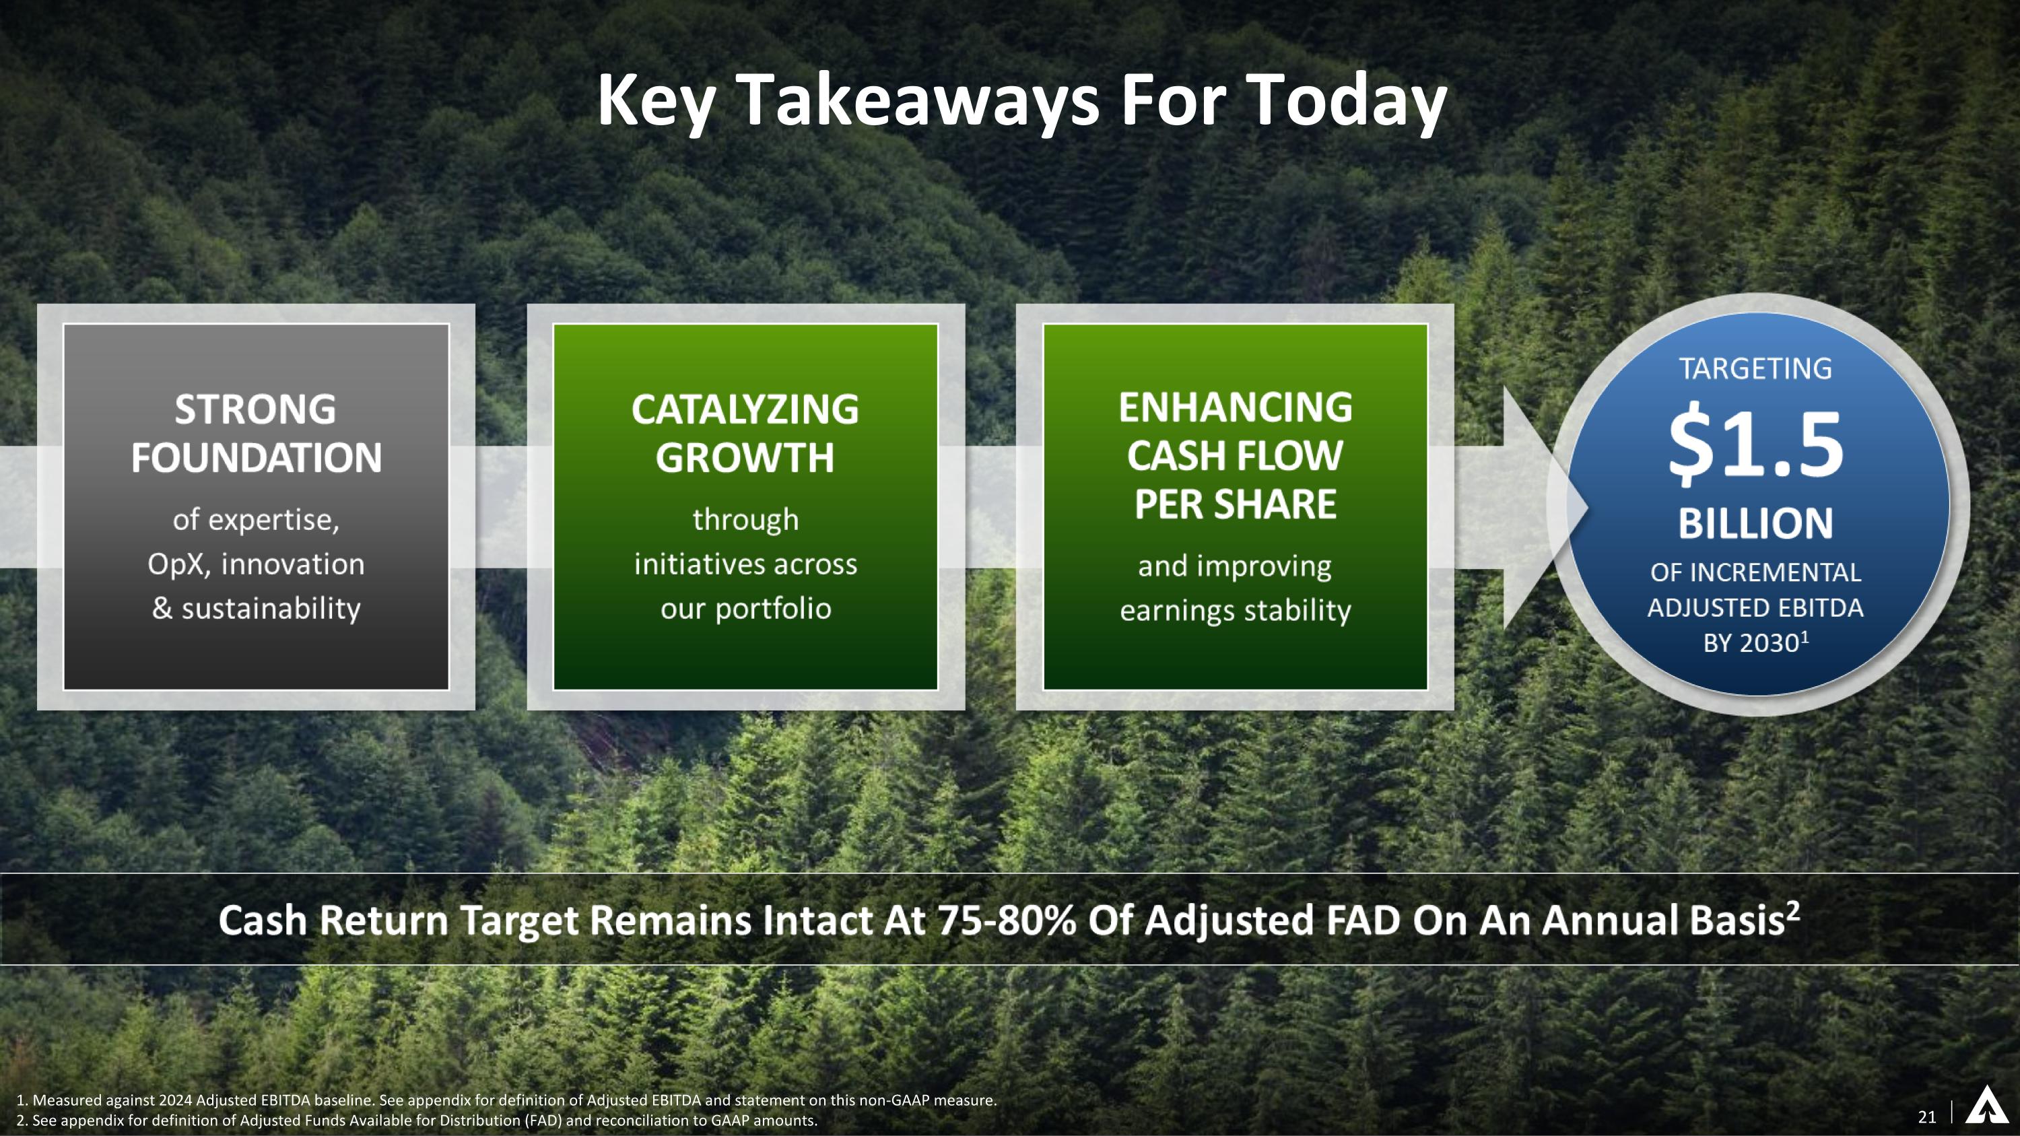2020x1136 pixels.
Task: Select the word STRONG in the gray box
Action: click(256, 409)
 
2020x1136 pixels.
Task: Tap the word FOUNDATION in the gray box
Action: click(256, 458)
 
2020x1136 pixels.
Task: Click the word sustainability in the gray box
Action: click(271, 608)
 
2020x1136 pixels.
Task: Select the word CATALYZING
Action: click(745, 409)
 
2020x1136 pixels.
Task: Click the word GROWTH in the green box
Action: click(745, 458)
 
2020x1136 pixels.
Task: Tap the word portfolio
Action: click(773, 608)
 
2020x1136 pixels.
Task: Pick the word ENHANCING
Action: click(1235, 407)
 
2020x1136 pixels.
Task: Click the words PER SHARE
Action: click(1235, 504)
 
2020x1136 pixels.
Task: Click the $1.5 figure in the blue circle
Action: click(1755, 444)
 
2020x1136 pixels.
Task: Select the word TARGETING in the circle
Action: click(1755, 368)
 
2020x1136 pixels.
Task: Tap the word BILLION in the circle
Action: click(1755, 524)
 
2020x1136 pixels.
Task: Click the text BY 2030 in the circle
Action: click(1753, 644)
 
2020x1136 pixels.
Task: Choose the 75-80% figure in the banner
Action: click(1005, 920)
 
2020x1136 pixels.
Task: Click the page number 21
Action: click(1926, 1117)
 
